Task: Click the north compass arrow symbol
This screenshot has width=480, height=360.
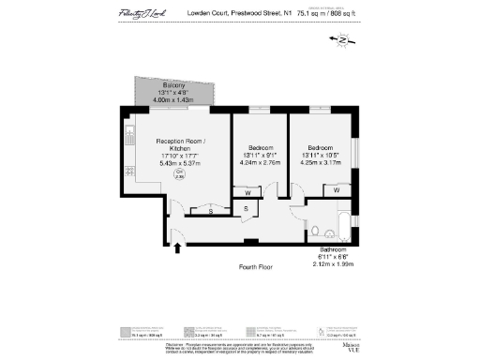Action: point(340,40)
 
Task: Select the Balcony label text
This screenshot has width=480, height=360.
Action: point(173,84)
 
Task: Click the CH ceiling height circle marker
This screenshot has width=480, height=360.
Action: point(179,175)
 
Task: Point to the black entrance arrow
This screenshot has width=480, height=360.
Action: point(178,247)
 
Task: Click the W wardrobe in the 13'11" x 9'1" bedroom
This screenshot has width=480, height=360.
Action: point(247,194)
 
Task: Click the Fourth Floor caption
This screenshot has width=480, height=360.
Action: point(255,267)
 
